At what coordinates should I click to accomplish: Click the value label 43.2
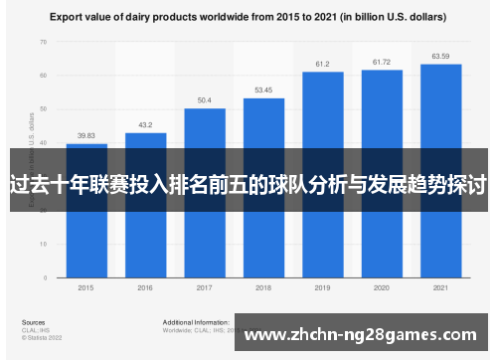coord(145,125)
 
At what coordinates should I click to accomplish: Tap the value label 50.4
coord(204,100)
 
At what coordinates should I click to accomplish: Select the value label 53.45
coord(263,90)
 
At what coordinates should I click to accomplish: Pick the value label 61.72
coord(382,62)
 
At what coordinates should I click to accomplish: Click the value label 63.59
coord(440,56)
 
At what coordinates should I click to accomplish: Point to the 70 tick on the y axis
coord(43,42)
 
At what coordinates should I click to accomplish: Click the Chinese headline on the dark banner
coord(248,185)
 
